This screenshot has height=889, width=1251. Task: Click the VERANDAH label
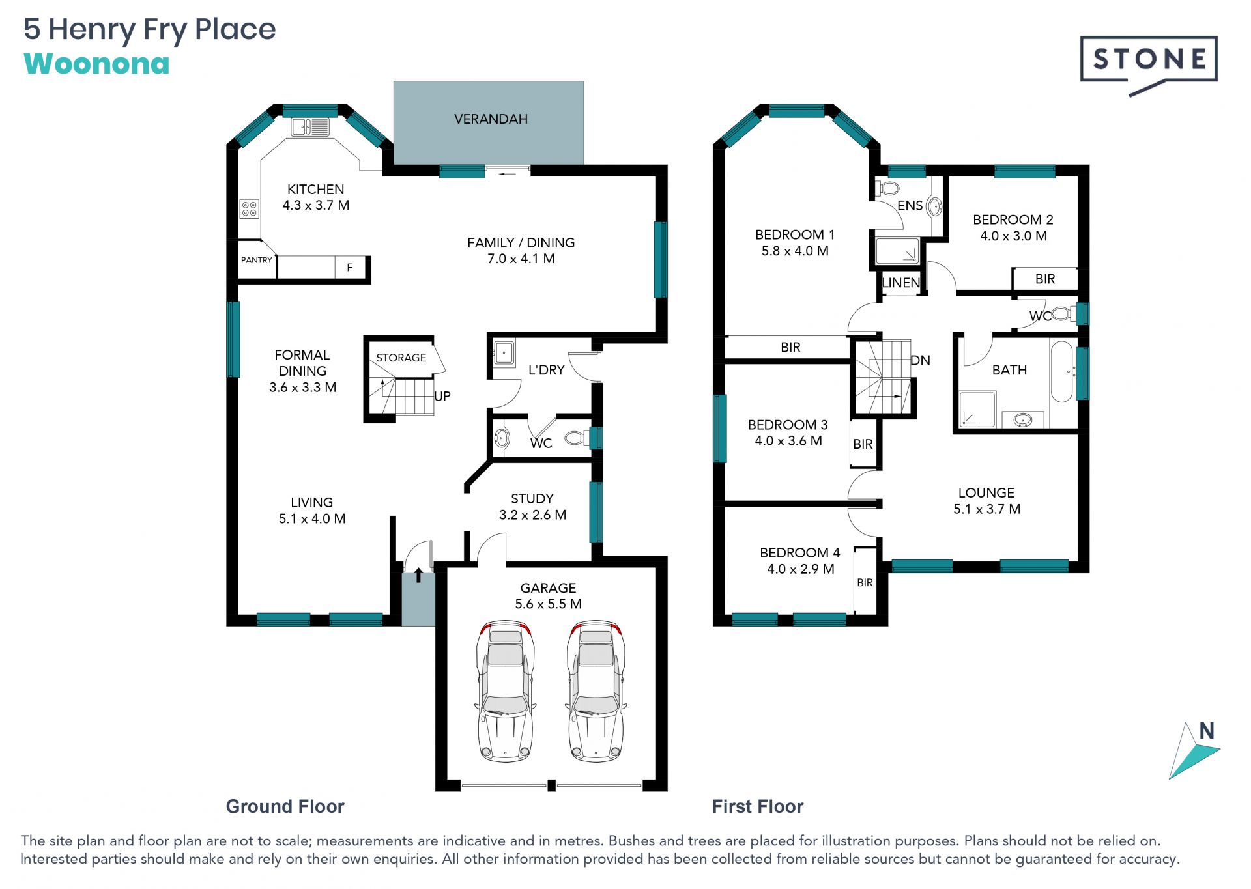491,119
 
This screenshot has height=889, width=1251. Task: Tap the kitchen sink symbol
309,126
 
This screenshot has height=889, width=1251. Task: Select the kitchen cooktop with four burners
250,208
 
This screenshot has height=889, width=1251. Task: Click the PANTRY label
257,260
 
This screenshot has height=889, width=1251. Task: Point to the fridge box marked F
350,267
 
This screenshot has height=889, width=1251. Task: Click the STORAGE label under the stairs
401,358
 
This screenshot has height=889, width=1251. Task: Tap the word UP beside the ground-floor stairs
442,396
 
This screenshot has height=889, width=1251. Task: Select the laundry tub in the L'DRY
504,353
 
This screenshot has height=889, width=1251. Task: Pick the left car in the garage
506,691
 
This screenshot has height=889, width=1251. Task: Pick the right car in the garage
596,691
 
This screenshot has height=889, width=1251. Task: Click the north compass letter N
1207,731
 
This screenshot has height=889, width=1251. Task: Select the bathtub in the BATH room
1061,371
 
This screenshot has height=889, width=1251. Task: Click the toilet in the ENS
889,189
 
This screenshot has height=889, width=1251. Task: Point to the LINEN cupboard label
900,283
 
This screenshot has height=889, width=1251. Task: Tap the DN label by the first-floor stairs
920,360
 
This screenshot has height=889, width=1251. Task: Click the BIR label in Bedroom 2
1045,279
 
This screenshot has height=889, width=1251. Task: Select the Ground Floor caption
285,806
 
